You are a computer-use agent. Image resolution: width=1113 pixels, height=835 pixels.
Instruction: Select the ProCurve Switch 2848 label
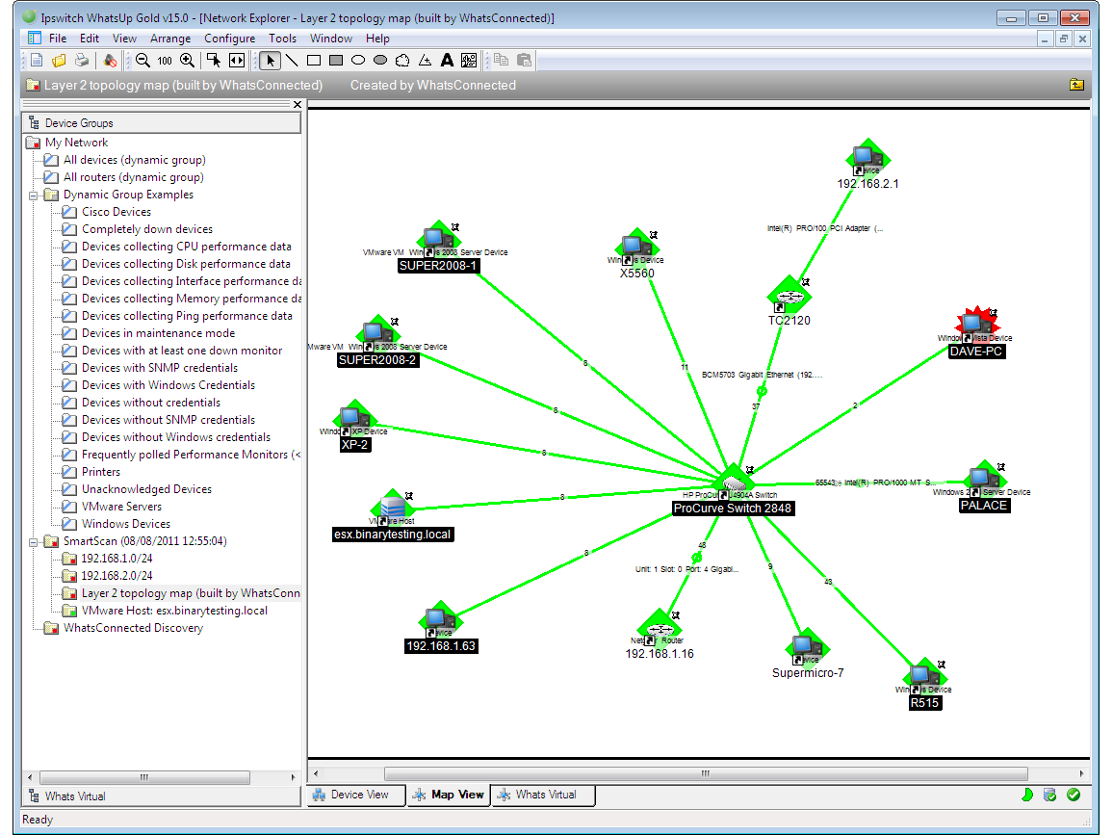[x=734, y=508]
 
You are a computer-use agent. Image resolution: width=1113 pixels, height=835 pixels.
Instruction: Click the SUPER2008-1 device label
[x=438, y=266]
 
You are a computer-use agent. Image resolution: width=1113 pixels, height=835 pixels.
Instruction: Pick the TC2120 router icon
[x=789, y=297]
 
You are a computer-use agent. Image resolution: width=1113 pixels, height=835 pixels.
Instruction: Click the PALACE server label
[x=983, y=506]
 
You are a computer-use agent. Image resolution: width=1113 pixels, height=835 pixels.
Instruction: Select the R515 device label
[x=925, y=703]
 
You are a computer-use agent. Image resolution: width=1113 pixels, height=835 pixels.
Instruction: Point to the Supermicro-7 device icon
[x=807, y=648]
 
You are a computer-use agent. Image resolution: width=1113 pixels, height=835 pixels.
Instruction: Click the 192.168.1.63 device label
[x=441, y=646]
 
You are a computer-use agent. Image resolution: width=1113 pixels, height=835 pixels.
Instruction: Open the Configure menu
[x=229, y=39]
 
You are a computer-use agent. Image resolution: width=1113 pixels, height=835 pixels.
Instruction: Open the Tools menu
[x=282, y=39]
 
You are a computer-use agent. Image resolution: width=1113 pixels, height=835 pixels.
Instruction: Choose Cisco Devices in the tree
[x=116, y=212]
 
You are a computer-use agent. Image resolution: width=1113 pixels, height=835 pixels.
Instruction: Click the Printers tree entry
[x=101, y=472]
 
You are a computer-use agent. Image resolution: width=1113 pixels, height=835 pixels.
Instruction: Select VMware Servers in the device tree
[x=121, y=507]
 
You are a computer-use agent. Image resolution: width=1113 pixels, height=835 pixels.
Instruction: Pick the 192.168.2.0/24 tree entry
[x=116, y=576]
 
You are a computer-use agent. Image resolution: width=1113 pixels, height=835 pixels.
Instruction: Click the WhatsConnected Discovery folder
[x=133, y=628]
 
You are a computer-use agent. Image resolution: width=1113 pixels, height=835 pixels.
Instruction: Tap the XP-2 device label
[x=354, y=445]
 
